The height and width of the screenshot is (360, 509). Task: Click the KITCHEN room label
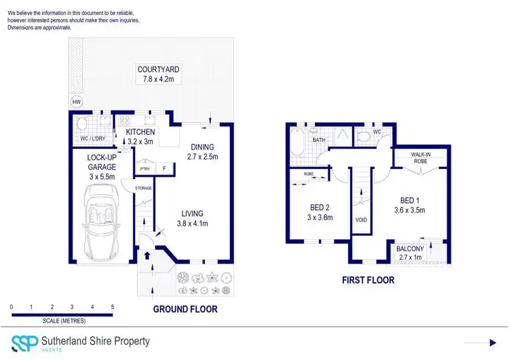pos(140,132)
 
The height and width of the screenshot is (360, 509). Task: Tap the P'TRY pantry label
pos(144,168)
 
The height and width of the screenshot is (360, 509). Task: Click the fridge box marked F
pos(163,168)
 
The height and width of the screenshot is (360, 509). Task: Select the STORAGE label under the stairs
pos(143,188)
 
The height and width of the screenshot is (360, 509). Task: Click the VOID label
pos(361,220)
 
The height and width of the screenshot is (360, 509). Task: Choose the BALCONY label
pos(410,249)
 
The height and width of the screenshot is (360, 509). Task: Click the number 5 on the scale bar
pos(112,307)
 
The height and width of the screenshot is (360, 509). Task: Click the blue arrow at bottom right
pos(493,343)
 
